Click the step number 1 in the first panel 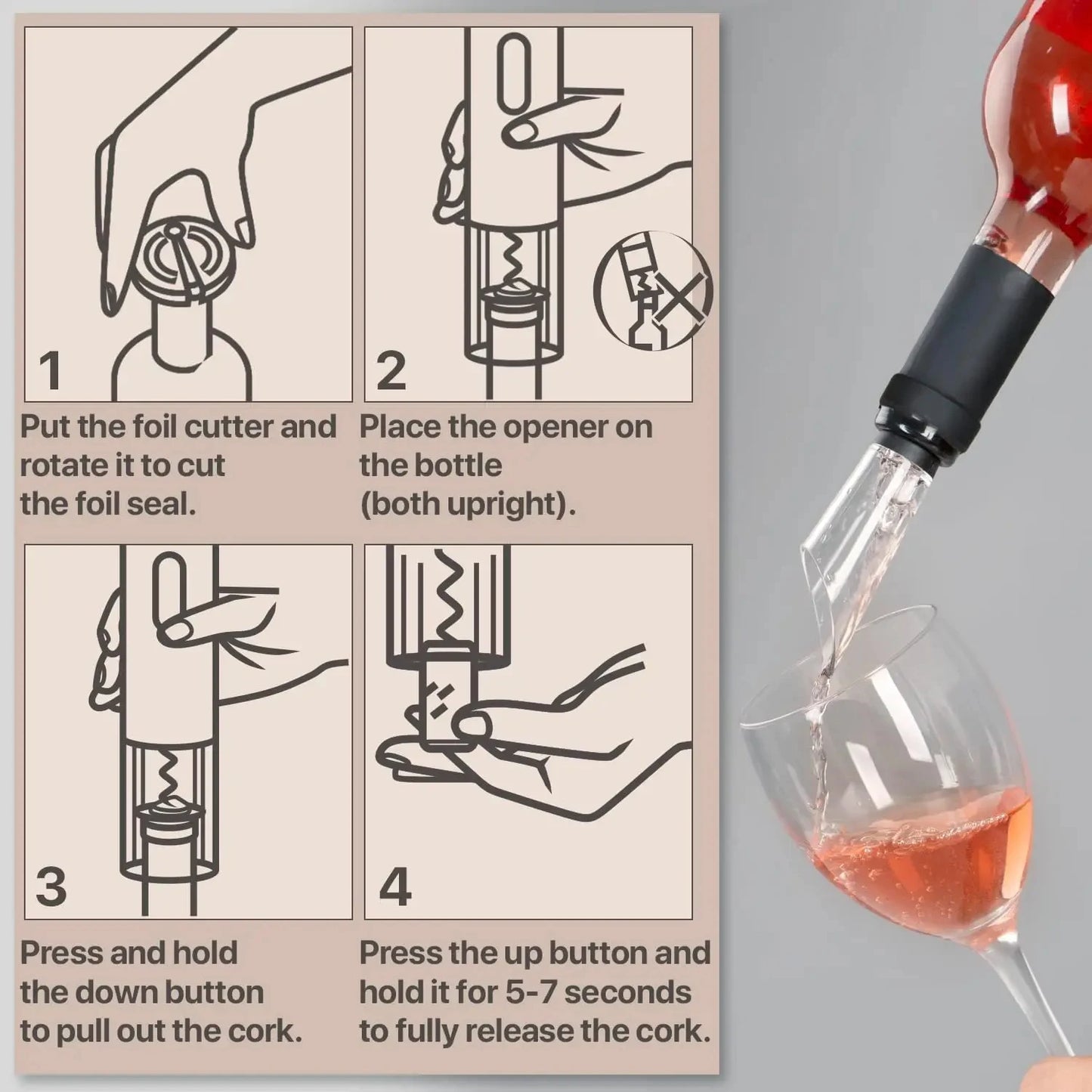[x=50, y=370]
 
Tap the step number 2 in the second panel [x=390, y=370]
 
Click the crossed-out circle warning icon [x=653, y=289]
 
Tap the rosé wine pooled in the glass [x=922, y=854]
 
